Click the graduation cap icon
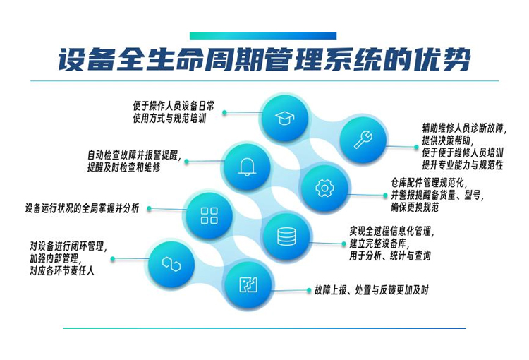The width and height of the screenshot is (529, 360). (x=285, y=116)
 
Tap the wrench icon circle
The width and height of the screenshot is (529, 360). (x=363, y=140)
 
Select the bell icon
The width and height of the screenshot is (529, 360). (x=247, y=166)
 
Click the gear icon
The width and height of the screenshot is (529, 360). (x=324, y=188)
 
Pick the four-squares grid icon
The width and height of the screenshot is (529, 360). (x=209, y=215)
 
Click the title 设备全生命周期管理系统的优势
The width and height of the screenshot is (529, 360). (x=264, y=61)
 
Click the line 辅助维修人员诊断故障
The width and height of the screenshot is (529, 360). (x=463, y=128)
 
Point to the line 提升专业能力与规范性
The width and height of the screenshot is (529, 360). (x=462, y=164)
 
